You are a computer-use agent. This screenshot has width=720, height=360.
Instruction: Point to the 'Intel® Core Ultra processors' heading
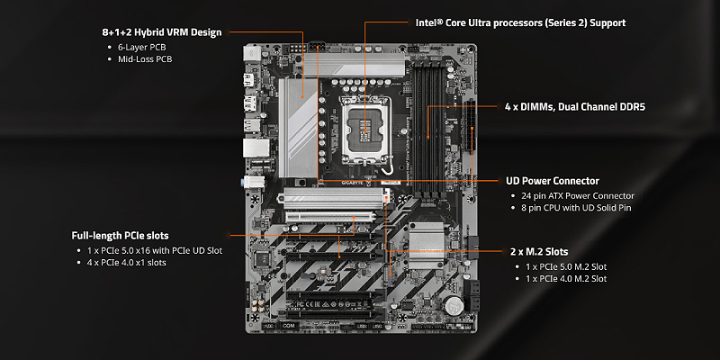(520, 22)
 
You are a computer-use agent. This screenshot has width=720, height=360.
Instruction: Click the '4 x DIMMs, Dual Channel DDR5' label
(574, 106)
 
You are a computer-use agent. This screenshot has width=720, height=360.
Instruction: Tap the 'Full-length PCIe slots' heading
(120, 235)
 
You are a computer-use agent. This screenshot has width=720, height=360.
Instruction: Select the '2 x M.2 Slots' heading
(540, 250)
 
